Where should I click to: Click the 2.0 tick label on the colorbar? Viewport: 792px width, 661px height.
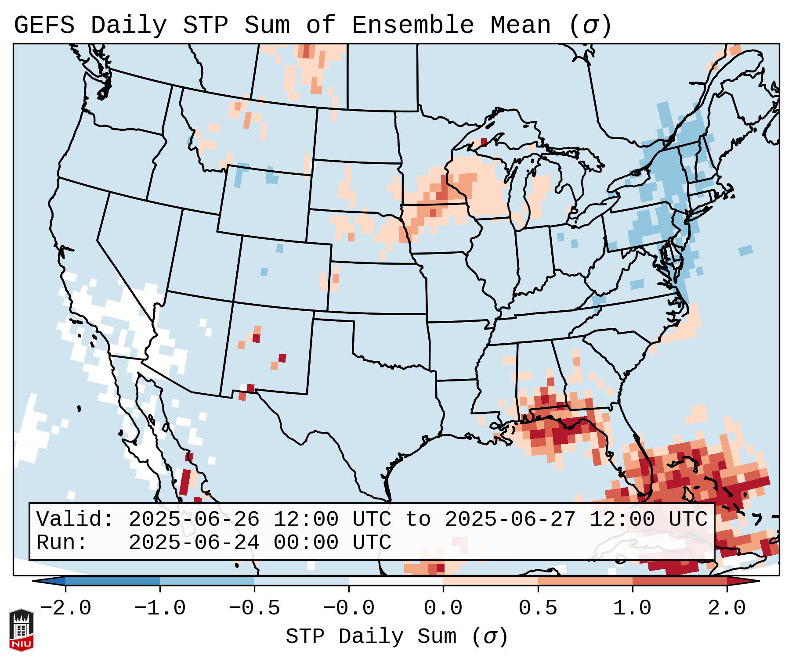(x=727, y=608)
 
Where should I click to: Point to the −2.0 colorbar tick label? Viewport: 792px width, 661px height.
(x=65, y=608)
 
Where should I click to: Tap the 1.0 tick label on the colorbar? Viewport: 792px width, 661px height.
(x=632, y=608)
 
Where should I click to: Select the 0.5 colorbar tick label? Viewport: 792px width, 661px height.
(x=538, y=608)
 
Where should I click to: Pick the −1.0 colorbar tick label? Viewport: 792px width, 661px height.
(x=160, y=608)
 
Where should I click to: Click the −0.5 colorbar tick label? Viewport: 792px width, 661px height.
(x=254, y=608)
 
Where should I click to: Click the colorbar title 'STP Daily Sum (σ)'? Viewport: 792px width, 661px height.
(x=397, y=636)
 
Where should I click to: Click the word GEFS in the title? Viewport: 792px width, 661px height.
(x=44, y=25)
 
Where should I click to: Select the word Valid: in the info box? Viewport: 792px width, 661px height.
(x=75, y=520)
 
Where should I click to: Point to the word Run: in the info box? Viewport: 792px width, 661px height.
(x=62, y=542)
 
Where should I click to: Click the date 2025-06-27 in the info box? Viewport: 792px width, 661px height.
(x=510, y=520)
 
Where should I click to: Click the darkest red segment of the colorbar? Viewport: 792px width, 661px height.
(x=680, y=581)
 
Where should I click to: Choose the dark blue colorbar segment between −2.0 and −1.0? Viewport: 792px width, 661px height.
(x=112, y=581)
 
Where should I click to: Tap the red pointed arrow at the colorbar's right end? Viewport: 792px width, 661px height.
(x=743, y=581)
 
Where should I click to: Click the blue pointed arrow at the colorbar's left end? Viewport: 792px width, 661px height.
(x=48, y=581)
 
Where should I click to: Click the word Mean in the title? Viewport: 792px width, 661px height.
(x=520, y=25)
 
